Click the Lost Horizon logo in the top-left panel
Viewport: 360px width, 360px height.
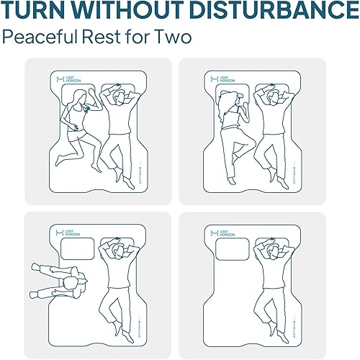pyautogui.click(x=66, y=78)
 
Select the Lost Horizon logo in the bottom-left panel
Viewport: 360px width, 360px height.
pyautogui.click(x=66, y=233)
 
